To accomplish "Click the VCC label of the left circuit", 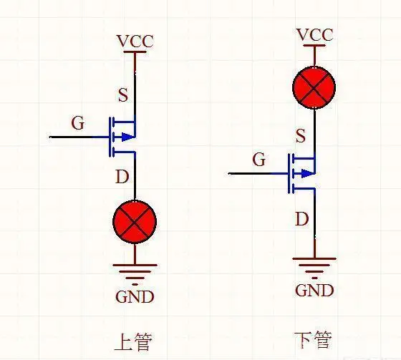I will coord(135,41).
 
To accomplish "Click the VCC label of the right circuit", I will coord(314,35).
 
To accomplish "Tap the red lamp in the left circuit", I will coord(135,221).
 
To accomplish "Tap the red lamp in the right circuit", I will coord(314,89).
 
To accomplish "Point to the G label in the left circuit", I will coord(78,123).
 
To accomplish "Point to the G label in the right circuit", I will coord(259,160).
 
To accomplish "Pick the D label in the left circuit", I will coord(122,176).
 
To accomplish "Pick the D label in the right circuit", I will coord(302,218).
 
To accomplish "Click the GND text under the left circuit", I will coord(135,296).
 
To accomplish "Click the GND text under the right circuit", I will coord(314,290).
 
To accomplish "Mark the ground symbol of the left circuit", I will coord(135,269).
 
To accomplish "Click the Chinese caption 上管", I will coord(133,341).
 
